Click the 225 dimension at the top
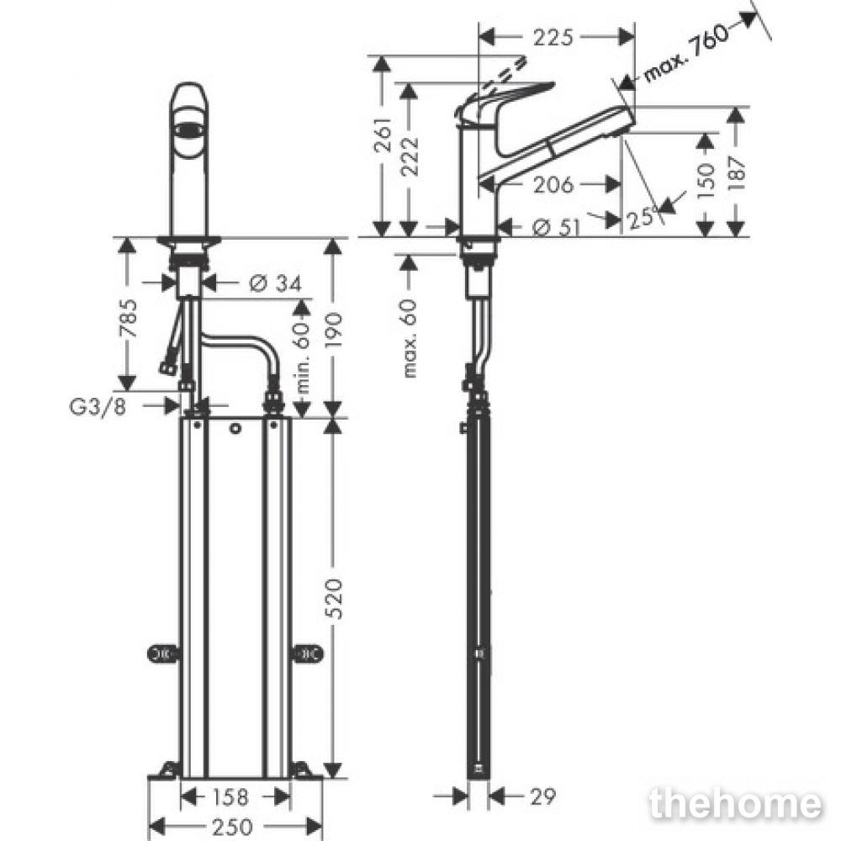coord(553,37)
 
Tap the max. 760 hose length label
coord(687,52)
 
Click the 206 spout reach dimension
coord(553,184)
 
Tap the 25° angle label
coord(642,218)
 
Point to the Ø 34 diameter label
coord(276,283)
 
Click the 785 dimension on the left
coord(128,318)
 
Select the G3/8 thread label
coord(98,406)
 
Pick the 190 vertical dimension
coord(333,329)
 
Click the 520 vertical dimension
coord(333,597)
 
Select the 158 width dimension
coord(230,796)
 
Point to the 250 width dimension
coord(232,827)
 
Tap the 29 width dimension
coord(542,796)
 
